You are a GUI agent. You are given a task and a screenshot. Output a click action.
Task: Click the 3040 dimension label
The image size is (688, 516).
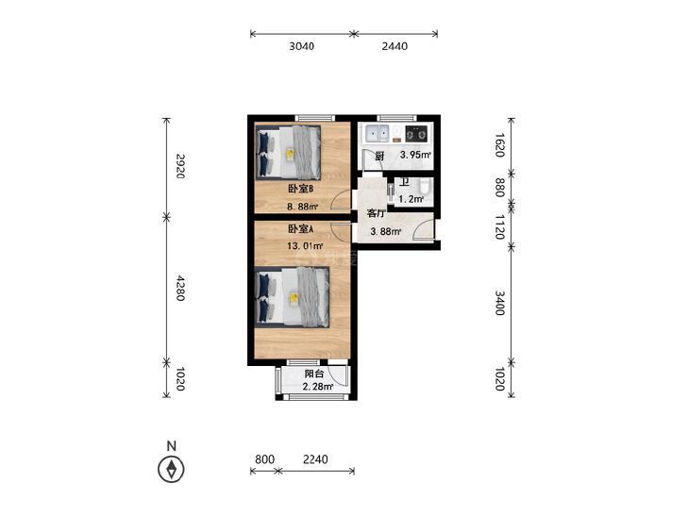coord(301,46)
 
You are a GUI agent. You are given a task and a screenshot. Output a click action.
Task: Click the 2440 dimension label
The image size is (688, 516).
coord(394,46)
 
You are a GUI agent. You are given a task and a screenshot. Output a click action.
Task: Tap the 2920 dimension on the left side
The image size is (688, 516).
coord(179,166)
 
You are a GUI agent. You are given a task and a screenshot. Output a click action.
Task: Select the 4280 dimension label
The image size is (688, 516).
coord(179,288)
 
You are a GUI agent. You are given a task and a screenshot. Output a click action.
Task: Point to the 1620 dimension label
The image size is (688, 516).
coord(500,144)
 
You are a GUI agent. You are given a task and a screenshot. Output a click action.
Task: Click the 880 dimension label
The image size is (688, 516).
coord(500,188)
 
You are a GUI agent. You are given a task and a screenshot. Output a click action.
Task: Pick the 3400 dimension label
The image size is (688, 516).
coord(500,303)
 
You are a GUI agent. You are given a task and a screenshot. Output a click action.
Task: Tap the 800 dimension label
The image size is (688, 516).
coord(264,459)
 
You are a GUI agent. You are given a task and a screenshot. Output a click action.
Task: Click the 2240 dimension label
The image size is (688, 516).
coord(315,459)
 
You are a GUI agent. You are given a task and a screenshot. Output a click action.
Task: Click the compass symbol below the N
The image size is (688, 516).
coord(171,469)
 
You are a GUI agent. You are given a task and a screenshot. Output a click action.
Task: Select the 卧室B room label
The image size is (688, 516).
coord(300,189)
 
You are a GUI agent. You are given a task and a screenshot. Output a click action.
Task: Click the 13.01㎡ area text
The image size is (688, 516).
coord(306,246)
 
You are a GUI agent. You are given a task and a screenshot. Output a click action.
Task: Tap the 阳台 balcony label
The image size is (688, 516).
coord(314,374)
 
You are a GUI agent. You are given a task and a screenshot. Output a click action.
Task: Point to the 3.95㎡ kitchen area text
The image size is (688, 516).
coord(415,155)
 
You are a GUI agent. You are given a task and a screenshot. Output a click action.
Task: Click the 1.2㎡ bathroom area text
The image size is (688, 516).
coord(411,199)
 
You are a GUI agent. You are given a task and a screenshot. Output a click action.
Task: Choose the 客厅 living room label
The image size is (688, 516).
coord(376,214)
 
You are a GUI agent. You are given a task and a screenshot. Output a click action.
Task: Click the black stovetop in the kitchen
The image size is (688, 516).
coord(416,133)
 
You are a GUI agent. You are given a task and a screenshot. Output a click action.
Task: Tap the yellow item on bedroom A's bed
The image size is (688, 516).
coord(294,298)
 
